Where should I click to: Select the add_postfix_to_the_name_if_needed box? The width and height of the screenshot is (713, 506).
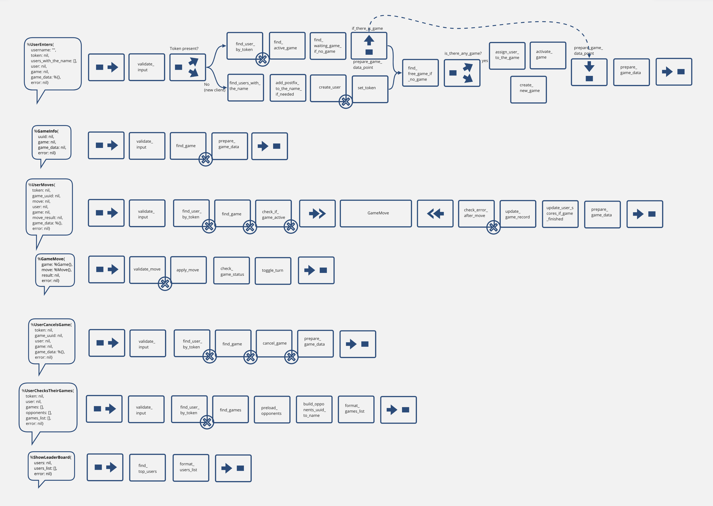coord(288,88)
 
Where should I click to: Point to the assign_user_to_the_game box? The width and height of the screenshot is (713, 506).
coord(507,56)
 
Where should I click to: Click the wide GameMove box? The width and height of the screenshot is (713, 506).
coord(376,213)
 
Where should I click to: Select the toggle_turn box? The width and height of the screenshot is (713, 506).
coord(273,271)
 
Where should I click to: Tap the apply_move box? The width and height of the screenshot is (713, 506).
coord(189,270)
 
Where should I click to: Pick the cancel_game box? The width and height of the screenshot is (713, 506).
coord(274,343)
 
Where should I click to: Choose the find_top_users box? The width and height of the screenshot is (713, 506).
coord(147,468)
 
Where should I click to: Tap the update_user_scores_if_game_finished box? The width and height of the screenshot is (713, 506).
coord(560,214)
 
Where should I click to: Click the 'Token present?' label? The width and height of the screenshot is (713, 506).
coord(184,49)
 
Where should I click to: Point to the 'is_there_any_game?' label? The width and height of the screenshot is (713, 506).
coord(463,54)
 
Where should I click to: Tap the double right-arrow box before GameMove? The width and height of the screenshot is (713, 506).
coord(317,213)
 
